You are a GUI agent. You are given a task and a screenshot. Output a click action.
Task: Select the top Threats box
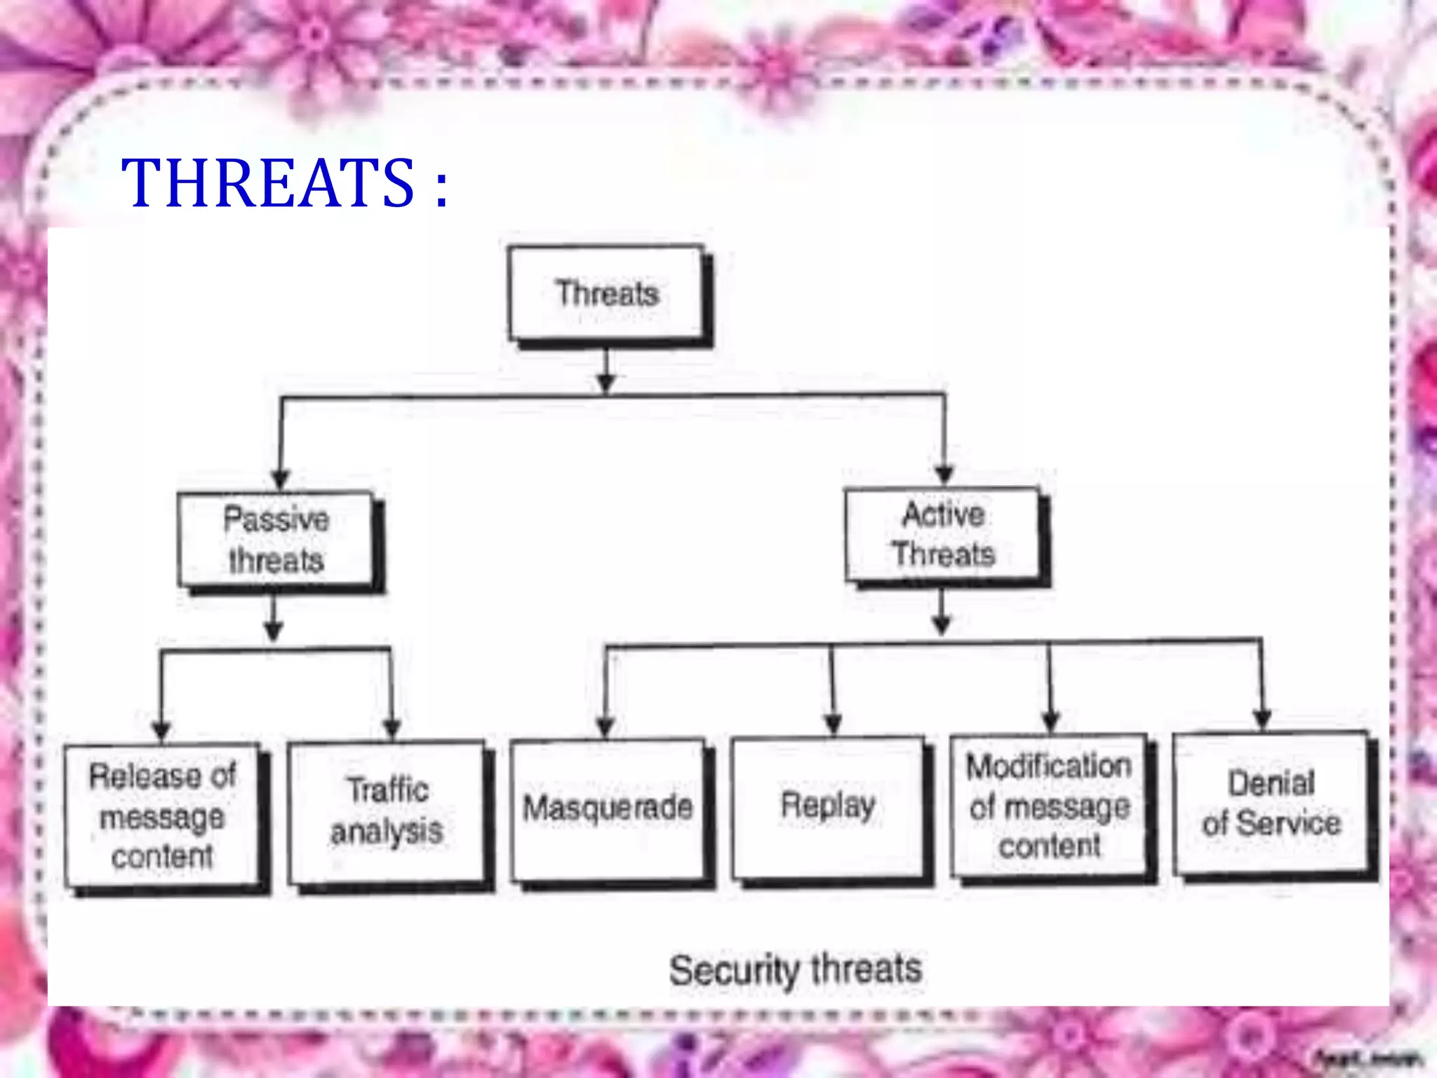[607, 293]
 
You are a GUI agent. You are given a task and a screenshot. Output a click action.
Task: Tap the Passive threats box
[276, 539]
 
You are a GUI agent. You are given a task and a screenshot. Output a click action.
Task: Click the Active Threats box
[943, 535]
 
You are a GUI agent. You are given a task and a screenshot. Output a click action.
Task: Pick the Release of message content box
[162, 816]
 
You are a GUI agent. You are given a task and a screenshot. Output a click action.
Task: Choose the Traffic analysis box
[387, 811]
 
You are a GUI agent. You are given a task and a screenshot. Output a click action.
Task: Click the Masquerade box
[608, 808]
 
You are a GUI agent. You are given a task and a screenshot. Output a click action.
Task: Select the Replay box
[828, 806]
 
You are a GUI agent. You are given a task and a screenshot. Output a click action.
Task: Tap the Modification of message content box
[1049, 806]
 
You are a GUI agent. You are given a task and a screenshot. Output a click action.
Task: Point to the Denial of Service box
[1271, 803]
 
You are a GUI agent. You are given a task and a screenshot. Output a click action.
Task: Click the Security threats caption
[795, 971]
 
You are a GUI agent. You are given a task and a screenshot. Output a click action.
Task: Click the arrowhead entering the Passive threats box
[280, 479]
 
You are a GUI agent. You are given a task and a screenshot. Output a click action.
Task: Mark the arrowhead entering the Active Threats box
[944, 474]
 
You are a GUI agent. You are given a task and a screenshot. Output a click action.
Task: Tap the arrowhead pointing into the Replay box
[833, 724]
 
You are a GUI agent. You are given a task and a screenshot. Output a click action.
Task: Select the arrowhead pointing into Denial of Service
[1262, 718]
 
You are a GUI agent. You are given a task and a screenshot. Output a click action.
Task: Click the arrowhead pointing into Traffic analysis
[392, 728]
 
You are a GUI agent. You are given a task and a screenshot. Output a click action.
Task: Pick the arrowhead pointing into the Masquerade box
[606, 726]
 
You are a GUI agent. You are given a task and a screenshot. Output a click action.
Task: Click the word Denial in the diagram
[1271, 783]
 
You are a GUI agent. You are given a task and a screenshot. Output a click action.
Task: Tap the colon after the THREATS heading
[441, 187]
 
